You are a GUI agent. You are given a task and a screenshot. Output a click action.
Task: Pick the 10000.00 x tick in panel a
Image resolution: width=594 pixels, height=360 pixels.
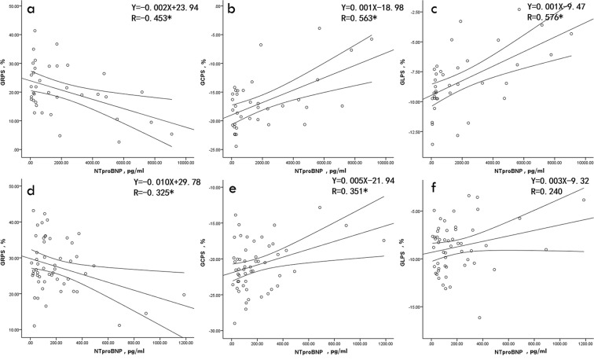(x=185, y=162)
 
